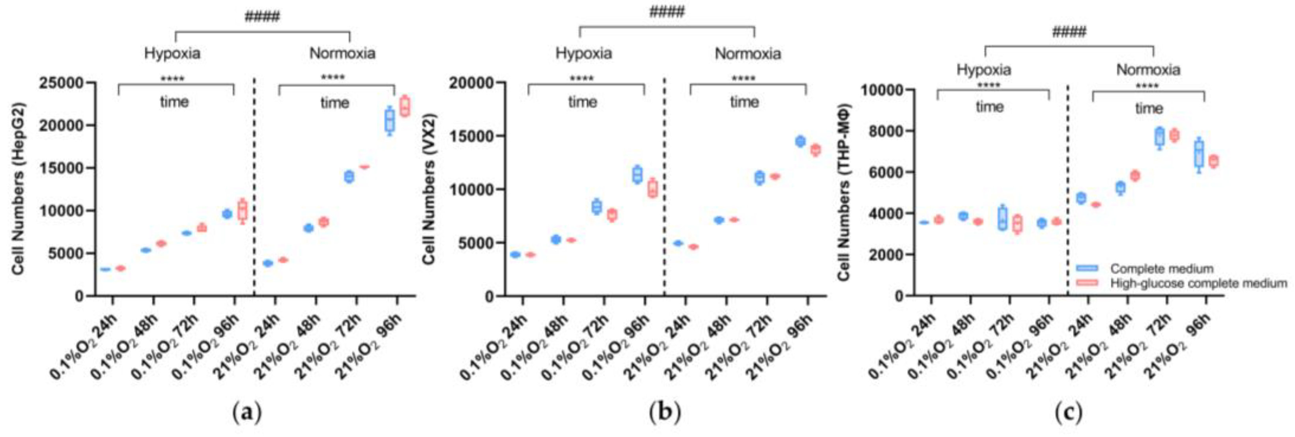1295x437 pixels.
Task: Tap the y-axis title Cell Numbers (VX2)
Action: click(x=429, y=189)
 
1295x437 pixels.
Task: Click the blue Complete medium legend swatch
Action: click(x=1087, y=269)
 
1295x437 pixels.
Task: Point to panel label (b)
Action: click(x=665, y=413)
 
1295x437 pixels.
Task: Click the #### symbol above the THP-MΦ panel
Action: click(x=1069, y=32)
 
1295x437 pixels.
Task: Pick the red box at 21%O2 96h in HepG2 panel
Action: click(x=404, y=106)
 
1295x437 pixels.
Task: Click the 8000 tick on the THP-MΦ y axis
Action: click(x=883, y=131)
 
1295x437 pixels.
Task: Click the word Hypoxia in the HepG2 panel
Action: click(x=172, y=53)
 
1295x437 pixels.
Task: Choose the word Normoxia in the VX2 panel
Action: click(x=747, y=54)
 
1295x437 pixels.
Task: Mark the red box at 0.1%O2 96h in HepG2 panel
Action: click(x=242, y=210)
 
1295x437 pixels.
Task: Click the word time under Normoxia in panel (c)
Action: click(x=1149, y=108)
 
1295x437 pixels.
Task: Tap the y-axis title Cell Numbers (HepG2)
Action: click(x=19, y=189)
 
